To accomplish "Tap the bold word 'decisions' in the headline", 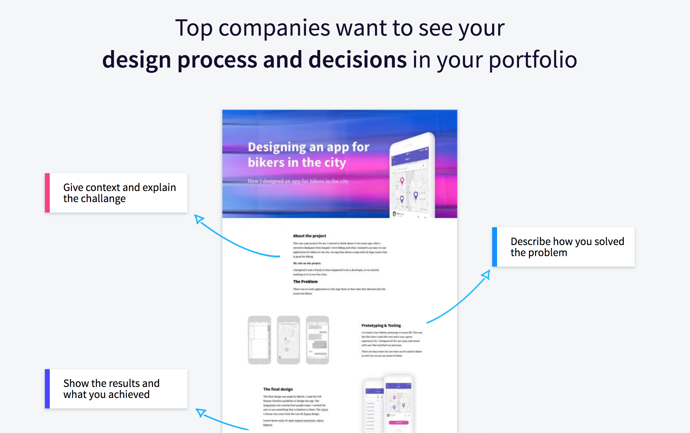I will [357, 60].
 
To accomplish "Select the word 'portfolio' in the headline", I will [533, 60].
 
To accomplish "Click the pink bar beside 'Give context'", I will [47, 193].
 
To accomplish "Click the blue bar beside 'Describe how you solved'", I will [494, 247].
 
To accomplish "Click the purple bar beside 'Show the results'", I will [47, 389].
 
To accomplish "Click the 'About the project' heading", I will [309, 236].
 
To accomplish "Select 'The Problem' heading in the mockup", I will [305, 282].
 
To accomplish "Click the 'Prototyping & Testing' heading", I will [381, 326].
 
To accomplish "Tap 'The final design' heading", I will [278, 389].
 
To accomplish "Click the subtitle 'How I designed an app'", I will [298, 181].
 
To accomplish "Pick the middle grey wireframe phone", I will [288, 340].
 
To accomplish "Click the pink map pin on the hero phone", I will [402, 181].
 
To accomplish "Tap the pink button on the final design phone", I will [398, 423].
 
